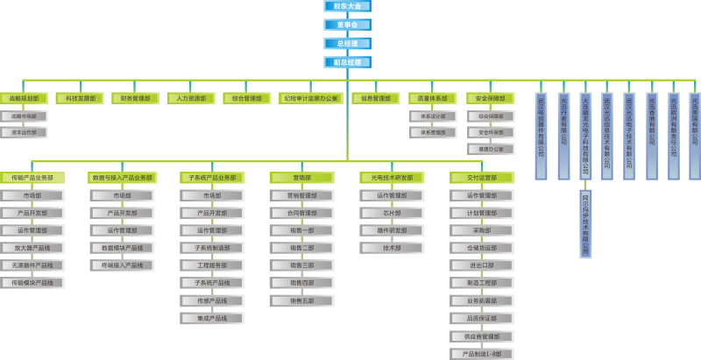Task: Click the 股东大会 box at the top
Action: (x=347, y=6)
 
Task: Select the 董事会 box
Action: (x=347, y=25)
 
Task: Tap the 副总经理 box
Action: (x=347, y=62)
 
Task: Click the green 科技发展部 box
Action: (x=79, y=99)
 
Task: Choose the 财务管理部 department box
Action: (x=135, y=99)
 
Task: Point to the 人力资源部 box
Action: (x=190, y=99)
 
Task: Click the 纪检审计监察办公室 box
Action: (x=310, y=99)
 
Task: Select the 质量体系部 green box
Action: (x=432, y=99)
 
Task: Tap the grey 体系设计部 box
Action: (x=432, y=116)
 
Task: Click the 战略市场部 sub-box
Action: (x=24, y=116)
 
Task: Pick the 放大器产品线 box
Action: (x=32, y=248)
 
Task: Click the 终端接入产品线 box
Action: (x=122, y=265)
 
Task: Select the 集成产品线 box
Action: (x=212, y=318)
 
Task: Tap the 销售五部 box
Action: (x=301, y=300)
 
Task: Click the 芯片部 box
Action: (x=392, y=213)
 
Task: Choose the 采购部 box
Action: (x=481, y=230)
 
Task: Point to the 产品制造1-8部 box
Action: (x=481, y=354)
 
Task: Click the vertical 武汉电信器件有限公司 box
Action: (x=541, y=136)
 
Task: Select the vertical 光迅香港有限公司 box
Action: (x=651, y=136)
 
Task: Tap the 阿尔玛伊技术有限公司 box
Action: (x=585, y=223)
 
